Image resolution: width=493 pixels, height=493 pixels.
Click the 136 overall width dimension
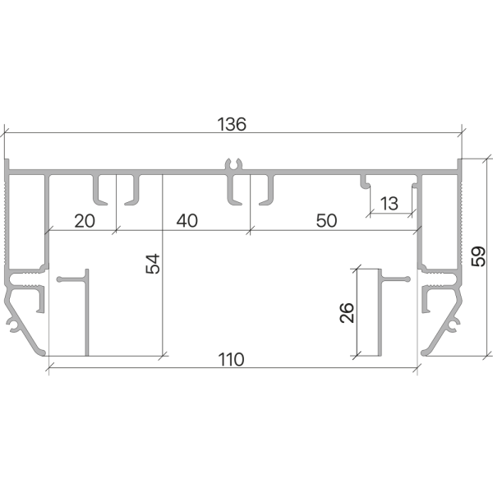tap(233, 125)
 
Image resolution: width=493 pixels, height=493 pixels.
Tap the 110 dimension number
tap(233, 359)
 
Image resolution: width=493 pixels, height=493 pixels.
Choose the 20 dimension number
tap(85, 220)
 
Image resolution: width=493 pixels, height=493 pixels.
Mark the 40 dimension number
tap(187, 220)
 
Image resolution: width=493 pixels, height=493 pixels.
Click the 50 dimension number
tap(325, 220)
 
